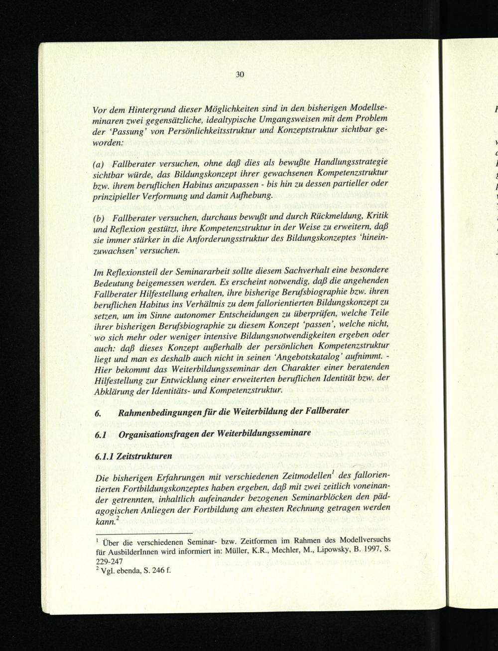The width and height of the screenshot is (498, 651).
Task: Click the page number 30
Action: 240,75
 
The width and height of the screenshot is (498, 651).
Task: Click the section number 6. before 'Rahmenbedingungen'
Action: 98,412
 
